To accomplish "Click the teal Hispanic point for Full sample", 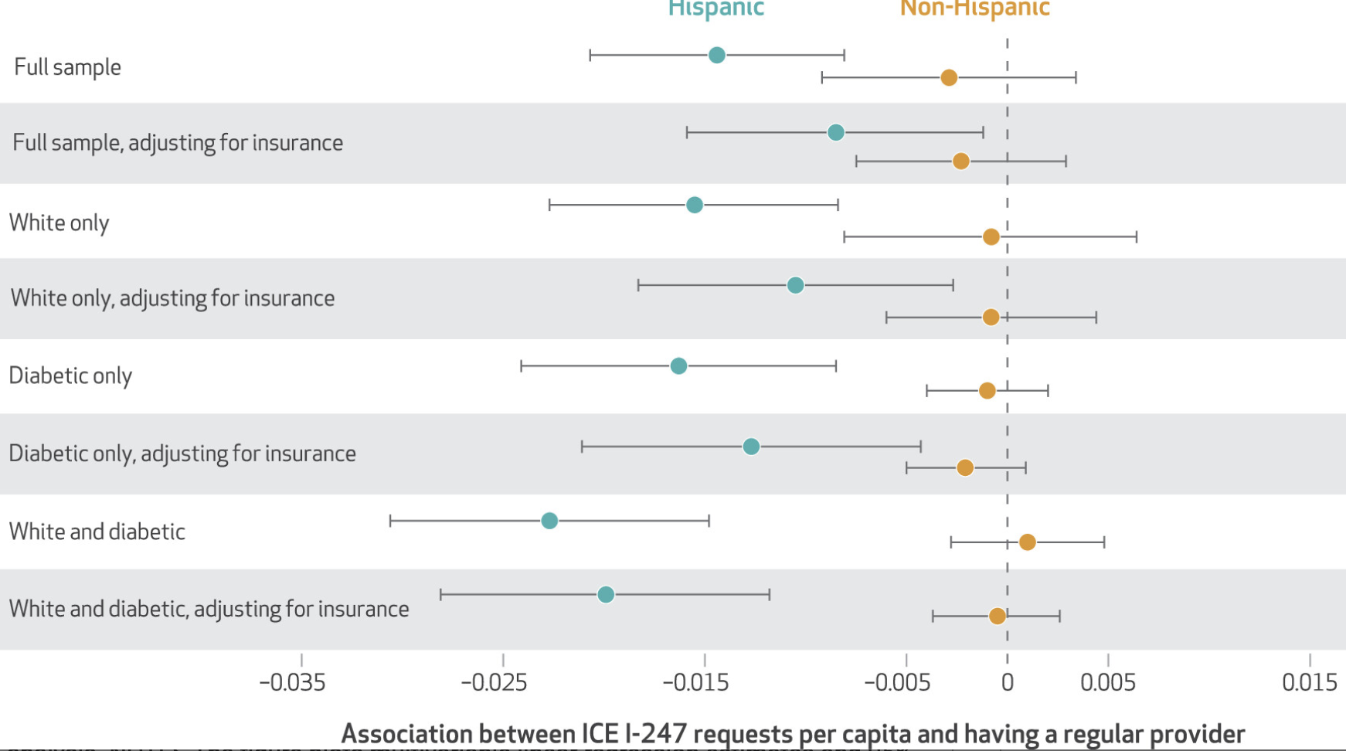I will point(716,55).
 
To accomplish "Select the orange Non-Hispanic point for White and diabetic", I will point(1027,542).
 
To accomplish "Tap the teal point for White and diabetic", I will point(549,521).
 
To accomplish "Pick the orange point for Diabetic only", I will point(987,390).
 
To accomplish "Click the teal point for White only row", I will point(695,205).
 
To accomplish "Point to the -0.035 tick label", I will point(292,683).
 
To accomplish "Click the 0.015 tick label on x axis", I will point(1309,683).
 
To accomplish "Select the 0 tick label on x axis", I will point(1007,683).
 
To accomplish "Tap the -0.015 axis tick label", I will point(695,683).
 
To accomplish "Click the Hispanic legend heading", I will point(715,8).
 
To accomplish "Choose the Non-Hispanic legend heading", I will point(974,8).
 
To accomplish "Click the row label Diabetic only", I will point(70,376).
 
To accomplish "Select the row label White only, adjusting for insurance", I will point(172,298).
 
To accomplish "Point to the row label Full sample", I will point(68,67).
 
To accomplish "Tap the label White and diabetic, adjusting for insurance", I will point(209,609).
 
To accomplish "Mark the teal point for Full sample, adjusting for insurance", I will point(835,132).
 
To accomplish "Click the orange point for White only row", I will point(991,236).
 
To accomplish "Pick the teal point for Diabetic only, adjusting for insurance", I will point(751,447).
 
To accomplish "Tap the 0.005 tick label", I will point(1107,683).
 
